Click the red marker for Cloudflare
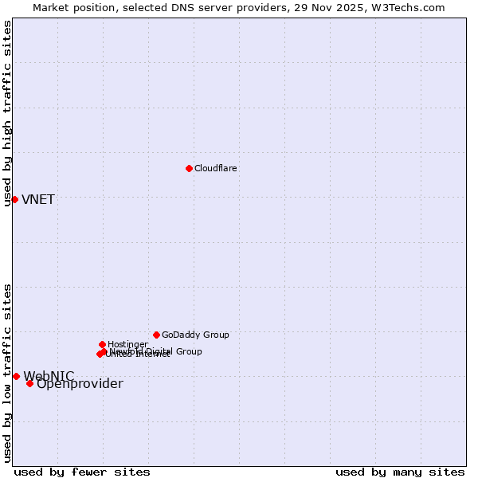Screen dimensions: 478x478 point(189,168)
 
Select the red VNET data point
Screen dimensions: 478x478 point(14,199)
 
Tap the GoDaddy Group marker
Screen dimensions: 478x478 point(156,335)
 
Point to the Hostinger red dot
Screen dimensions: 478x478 point(102,344)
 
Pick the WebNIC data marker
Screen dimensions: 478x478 point(16,376)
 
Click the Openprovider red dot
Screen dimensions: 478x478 point(29,383)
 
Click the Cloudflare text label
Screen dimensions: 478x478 point(216,168)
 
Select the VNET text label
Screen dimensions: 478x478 point(38,200)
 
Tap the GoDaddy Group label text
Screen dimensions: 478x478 point(195,335)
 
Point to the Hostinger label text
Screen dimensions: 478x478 point(127,344)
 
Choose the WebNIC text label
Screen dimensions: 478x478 point(49,376)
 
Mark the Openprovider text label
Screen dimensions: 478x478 point(80,384)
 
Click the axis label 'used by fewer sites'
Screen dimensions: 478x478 point(82,472)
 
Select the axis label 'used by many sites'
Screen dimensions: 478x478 point(400,472)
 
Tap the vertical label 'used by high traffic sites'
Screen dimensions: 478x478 point(7,113)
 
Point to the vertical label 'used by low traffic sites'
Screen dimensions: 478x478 point(7,373)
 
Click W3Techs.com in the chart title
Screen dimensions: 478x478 point(406,8)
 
